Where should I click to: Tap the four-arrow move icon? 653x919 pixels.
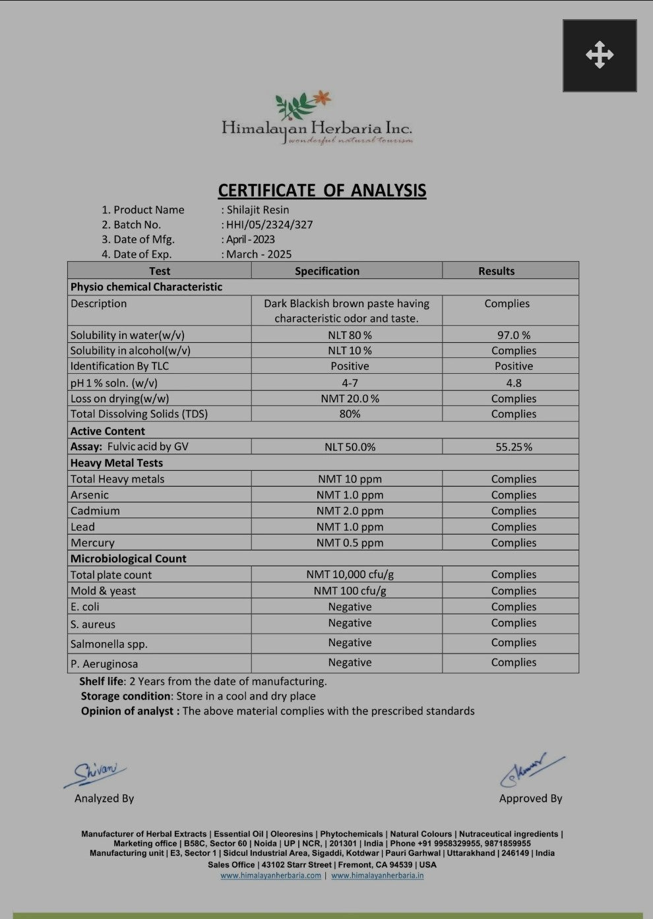pos(599,55)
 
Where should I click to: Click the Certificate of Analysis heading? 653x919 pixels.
pos(322,191)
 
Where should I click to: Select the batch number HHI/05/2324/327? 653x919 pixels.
pos(269,225)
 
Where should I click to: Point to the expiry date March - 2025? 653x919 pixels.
pos(259,254)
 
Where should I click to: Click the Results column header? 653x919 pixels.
pos(496,271)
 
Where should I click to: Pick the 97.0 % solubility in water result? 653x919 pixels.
pos(513,335)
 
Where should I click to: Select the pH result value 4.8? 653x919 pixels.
pos(513,382)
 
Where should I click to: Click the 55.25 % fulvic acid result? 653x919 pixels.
pos(513,447)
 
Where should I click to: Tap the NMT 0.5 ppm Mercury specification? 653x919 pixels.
pos(350,543)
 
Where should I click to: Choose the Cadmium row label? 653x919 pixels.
pos(95,511)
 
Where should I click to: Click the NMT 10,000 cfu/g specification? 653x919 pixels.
pos(350,575)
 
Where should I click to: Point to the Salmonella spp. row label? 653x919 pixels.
pos(109,644)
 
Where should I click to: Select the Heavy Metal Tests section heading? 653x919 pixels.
pos(117,463)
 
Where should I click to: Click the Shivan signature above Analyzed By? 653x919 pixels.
pos(96,772)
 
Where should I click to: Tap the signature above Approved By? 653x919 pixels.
pos(532,769)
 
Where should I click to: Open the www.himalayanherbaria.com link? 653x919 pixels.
pos(270,875)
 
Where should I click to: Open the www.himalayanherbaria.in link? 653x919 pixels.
pos(377,875)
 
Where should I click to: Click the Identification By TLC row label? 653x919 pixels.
pos(119,367)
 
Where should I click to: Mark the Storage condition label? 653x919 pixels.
pos(125,696)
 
